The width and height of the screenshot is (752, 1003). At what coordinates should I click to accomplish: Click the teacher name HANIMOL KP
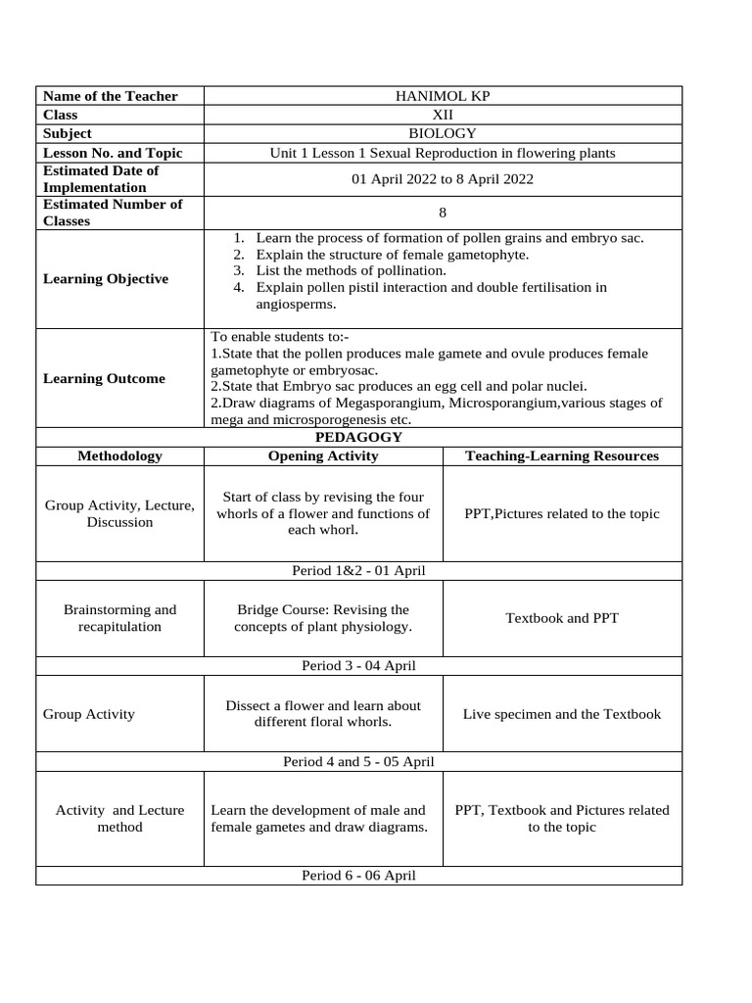443,96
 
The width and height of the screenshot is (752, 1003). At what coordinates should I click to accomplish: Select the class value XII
443,115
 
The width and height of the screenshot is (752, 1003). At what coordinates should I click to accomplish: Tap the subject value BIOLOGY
443,133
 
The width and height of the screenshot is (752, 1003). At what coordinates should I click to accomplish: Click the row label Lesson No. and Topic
113,153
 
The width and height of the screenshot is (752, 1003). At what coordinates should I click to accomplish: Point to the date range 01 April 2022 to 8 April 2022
443,179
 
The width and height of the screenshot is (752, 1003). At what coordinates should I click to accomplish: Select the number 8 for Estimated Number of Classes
443,213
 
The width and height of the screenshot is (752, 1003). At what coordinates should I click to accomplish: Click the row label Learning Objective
106,279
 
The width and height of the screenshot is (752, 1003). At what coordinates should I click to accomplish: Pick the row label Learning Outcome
105,379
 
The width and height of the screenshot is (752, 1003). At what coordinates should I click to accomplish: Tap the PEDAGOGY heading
358,438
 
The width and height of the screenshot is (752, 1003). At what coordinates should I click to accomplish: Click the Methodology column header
119,456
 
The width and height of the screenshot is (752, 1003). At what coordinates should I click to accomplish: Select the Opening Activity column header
323,456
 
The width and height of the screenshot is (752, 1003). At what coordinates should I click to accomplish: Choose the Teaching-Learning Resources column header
562,456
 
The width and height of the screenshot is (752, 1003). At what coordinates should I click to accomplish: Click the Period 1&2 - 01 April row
358,571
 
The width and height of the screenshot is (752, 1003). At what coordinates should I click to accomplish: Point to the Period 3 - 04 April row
358,666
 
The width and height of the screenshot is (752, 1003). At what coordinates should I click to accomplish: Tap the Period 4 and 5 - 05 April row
358,761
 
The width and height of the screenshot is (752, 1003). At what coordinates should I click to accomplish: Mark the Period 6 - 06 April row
358,876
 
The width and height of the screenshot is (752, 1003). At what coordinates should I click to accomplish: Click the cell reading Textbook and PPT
562,618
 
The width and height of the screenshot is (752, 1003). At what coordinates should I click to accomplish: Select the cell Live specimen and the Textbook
562,714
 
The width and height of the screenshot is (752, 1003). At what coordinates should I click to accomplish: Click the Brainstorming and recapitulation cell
119,618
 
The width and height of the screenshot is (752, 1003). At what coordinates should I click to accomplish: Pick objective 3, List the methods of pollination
351,270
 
